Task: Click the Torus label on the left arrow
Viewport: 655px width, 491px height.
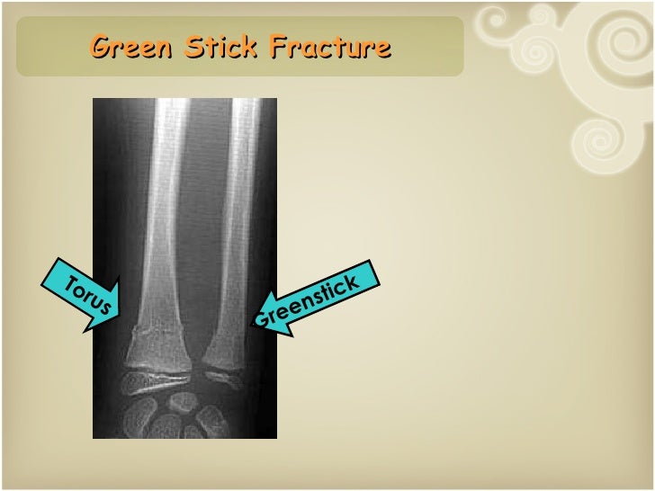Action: click(x=86, y=293)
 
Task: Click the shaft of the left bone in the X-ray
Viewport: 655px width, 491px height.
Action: click(x=167, y=207)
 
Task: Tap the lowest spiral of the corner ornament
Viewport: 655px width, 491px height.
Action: click(x=593, y=138)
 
